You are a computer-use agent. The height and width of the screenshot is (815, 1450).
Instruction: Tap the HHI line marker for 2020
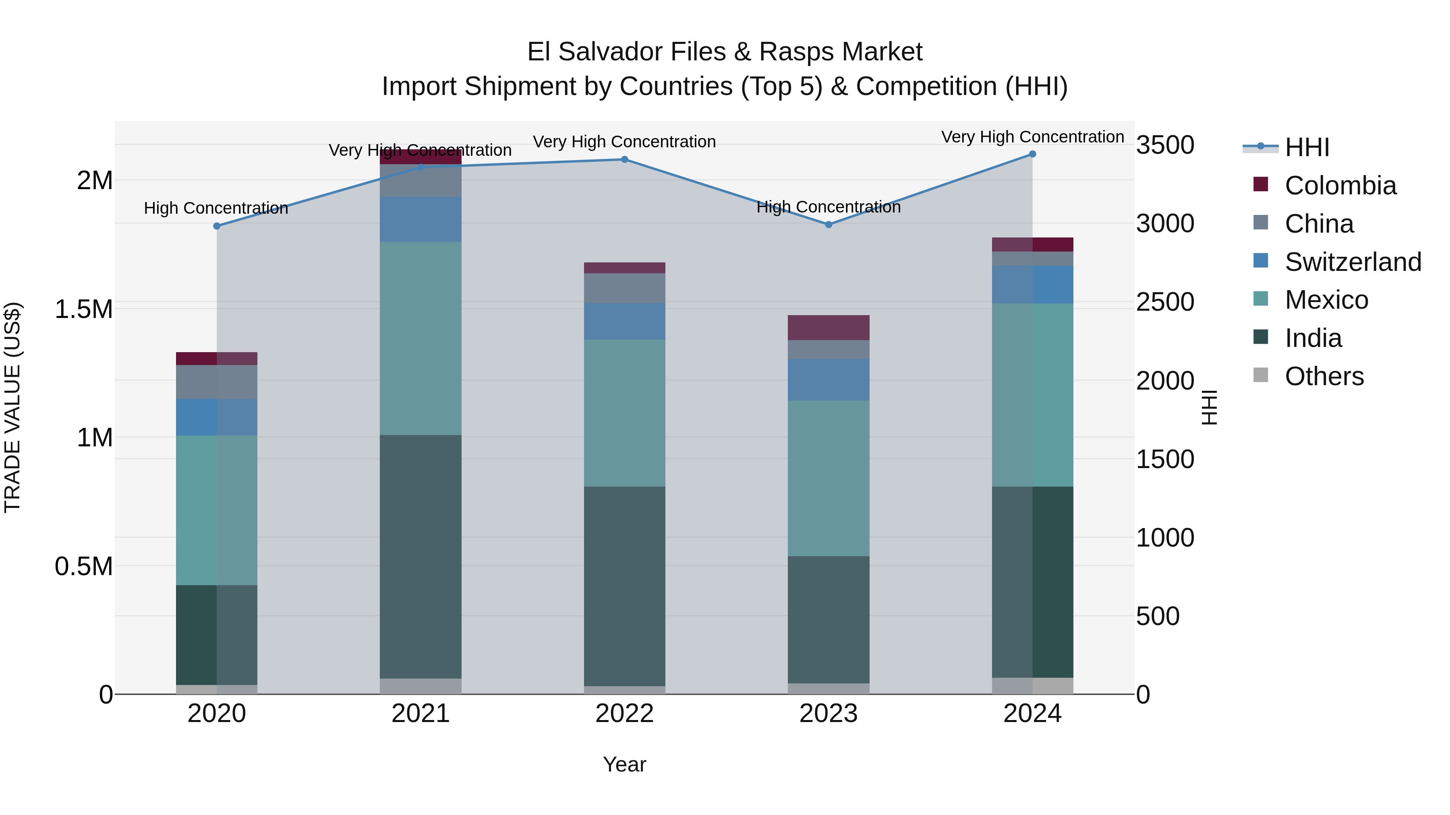pyautogui.click(x=217, y=226)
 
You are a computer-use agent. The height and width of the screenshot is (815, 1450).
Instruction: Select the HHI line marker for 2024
pyautogui.click(x=1032, y=154)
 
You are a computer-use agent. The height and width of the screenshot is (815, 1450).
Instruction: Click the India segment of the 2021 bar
pyautogui.click(x=420, y=557)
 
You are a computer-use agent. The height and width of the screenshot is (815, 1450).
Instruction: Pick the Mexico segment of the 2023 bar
pyautogui.click(x=828, y=478)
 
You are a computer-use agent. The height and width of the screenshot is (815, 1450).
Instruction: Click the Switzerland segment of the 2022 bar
pyautogui.click(x=624, y=321)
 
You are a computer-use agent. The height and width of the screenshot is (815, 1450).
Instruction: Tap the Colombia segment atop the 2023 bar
pyautogui.click(x=828, y=327)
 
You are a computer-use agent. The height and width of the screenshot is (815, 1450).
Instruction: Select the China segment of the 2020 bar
pyautogui.click(x=217, y=382)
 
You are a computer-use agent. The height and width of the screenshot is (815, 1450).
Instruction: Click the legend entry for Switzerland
pyautogui.click(x=1353, y=262)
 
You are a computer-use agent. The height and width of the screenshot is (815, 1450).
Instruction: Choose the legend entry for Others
pyautogui.click(x=1324, y=376)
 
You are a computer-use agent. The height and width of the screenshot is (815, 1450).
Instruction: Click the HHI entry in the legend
pyautogui.click(x=1307, y=147)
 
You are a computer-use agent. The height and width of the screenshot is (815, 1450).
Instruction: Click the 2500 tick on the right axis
pyautogui.click(x=1164, y=302)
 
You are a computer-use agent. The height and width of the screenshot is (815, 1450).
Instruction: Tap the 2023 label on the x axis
pyautogui.click(x=828, y=714)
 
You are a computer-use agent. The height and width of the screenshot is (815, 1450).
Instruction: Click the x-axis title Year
pyautogui.click(x=624, y=764)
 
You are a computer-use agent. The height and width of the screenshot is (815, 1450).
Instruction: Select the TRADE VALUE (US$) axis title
pyautogui.click(x=12, y=407)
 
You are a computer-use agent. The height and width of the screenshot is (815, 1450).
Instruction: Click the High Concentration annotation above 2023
pyautogui.click(x=828, y=207)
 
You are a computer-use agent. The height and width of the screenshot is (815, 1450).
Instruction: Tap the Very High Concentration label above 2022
pyautogui.click(x=624, y=142)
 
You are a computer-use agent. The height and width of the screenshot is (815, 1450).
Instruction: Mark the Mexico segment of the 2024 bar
pyautogui.click(x=1032, y=395)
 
